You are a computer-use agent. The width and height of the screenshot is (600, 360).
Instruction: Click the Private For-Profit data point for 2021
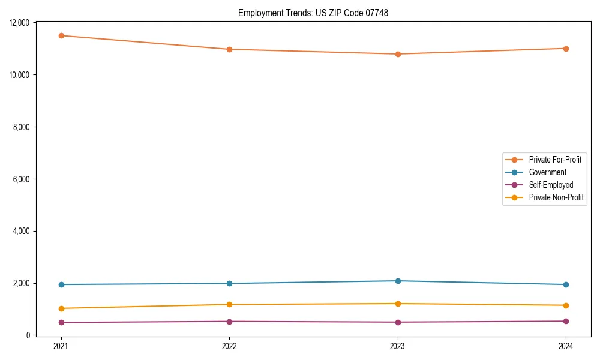[x=61, y=35]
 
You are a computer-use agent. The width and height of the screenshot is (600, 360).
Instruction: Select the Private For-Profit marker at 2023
[x=398, y=54]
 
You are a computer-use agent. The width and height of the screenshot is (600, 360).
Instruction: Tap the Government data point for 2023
[x=398, y=281]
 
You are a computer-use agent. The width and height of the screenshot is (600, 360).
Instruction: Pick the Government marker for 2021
[x=61, y=284]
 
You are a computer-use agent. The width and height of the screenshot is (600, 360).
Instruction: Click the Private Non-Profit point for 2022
[x=229, y=304]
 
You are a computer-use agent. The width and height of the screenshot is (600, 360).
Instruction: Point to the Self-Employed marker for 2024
[x=566, y=321]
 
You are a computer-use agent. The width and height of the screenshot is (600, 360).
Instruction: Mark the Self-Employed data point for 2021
[x=61, y=322]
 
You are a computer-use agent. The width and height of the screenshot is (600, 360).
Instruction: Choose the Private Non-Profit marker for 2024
[x=566, y=305]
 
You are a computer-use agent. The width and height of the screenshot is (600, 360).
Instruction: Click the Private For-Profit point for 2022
[x=229, y=49]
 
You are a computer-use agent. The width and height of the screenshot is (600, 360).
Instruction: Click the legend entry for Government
[x=547, y=172]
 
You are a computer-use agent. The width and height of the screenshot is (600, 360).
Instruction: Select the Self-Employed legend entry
[x=551, y=185]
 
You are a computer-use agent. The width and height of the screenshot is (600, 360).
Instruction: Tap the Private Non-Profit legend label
[x=556, y=197]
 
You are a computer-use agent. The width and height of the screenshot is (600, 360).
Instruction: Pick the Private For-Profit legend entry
[x=555, y=160]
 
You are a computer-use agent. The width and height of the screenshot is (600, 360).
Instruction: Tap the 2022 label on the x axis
[x=229, y=346]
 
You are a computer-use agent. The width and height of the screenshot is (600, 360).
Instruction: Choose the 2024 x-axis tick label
[x=566, y=346]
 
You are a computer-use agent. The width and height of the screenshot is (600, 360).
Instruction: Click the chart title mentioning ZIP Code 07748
[x=313, y=13]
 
